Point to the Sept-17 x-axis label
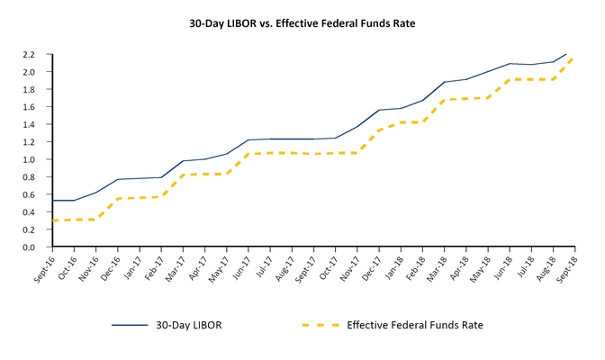304,270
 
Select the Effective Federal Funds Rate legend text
420,324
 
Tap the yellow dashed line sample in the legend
317,324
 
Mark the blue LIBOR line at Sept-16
52,201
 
